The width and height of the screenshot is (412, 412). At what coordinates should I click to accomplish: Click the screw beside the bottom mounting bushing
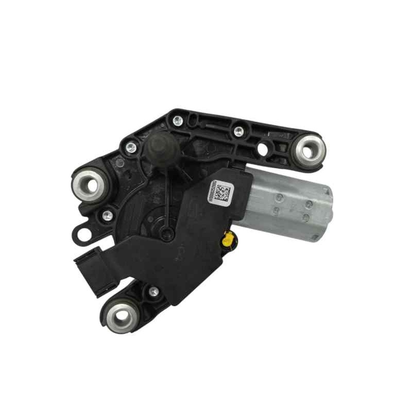153,292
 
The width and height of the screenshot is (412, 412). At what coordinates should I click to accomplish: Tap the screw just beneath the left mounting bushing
107,216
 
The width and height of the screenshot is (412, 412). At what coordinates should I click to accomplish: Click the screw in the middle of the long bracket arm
238,131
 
